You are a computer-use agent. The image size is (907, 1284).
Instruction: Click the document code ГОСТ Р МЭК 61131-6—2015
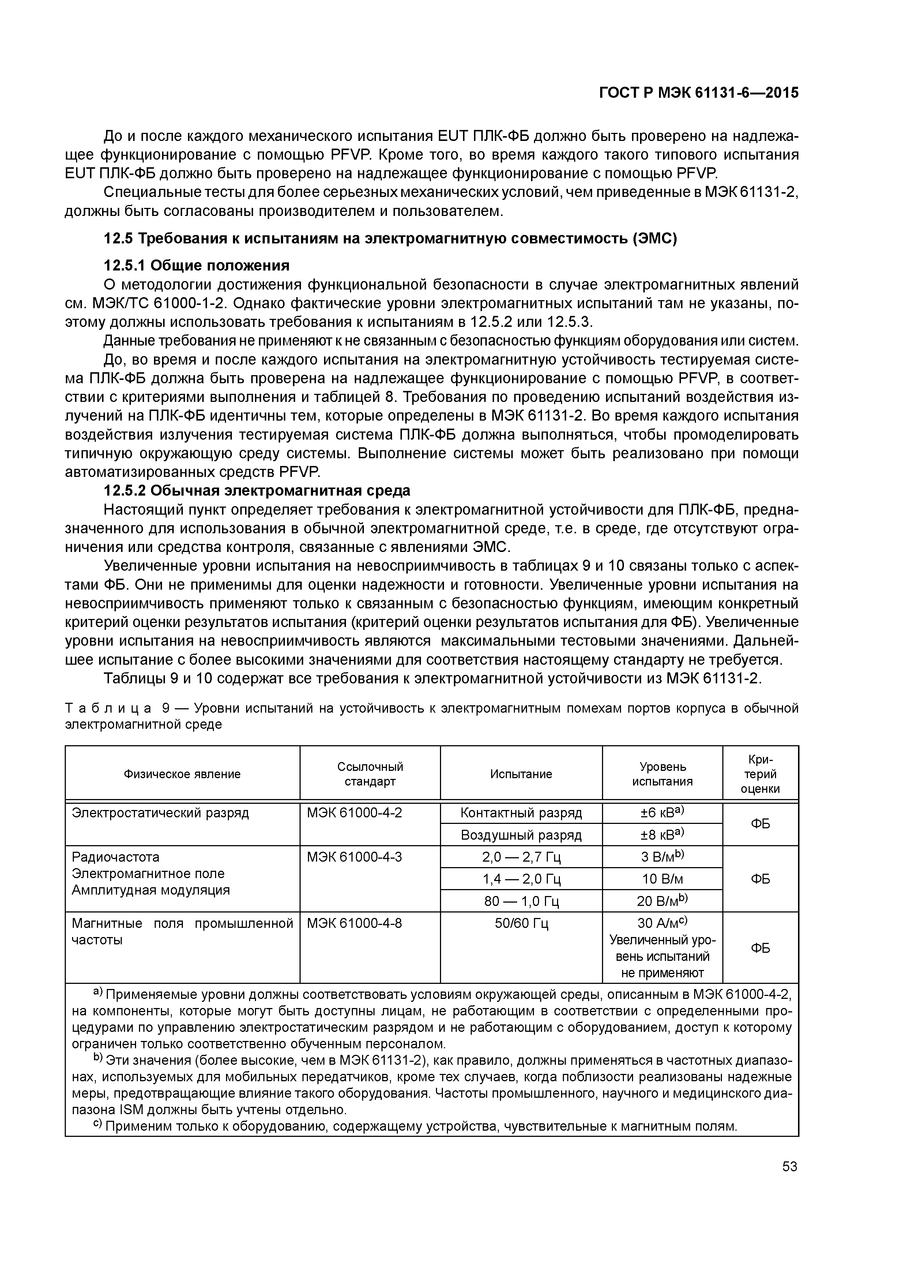pos(699,93)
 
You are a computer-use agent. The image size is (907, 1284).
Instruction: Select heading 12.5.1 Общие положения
pos(197,265)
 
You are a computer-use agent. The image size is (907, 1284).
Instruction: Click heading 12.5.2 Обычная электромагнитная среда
pos(257,490)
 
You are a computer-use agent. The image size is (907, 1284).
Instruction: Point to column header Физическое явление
pos(182,774)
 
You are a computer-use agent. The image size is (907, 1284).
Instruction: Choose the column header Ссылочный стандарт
pos(370,774)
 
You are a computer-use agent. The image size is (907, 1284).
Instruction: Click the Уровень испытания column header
pos(662,774)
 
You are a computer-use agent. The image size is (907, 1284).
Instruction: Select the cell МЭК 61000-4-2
pos(354,813)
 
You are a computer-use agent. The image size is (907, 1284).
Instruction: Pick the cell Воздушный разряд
pos(521,835)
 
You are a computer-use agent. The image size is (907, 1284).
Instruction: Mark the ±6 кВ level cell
pos(662,813)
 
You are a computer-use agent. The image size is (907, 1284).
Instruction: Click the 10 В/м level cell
pos(662,879)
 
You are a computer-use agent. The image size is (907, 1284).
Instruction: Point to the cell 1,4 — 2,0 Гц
pos(521,879)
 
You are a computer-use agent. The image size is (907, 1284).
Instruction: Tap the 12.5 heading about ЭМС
pos(390,238)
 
